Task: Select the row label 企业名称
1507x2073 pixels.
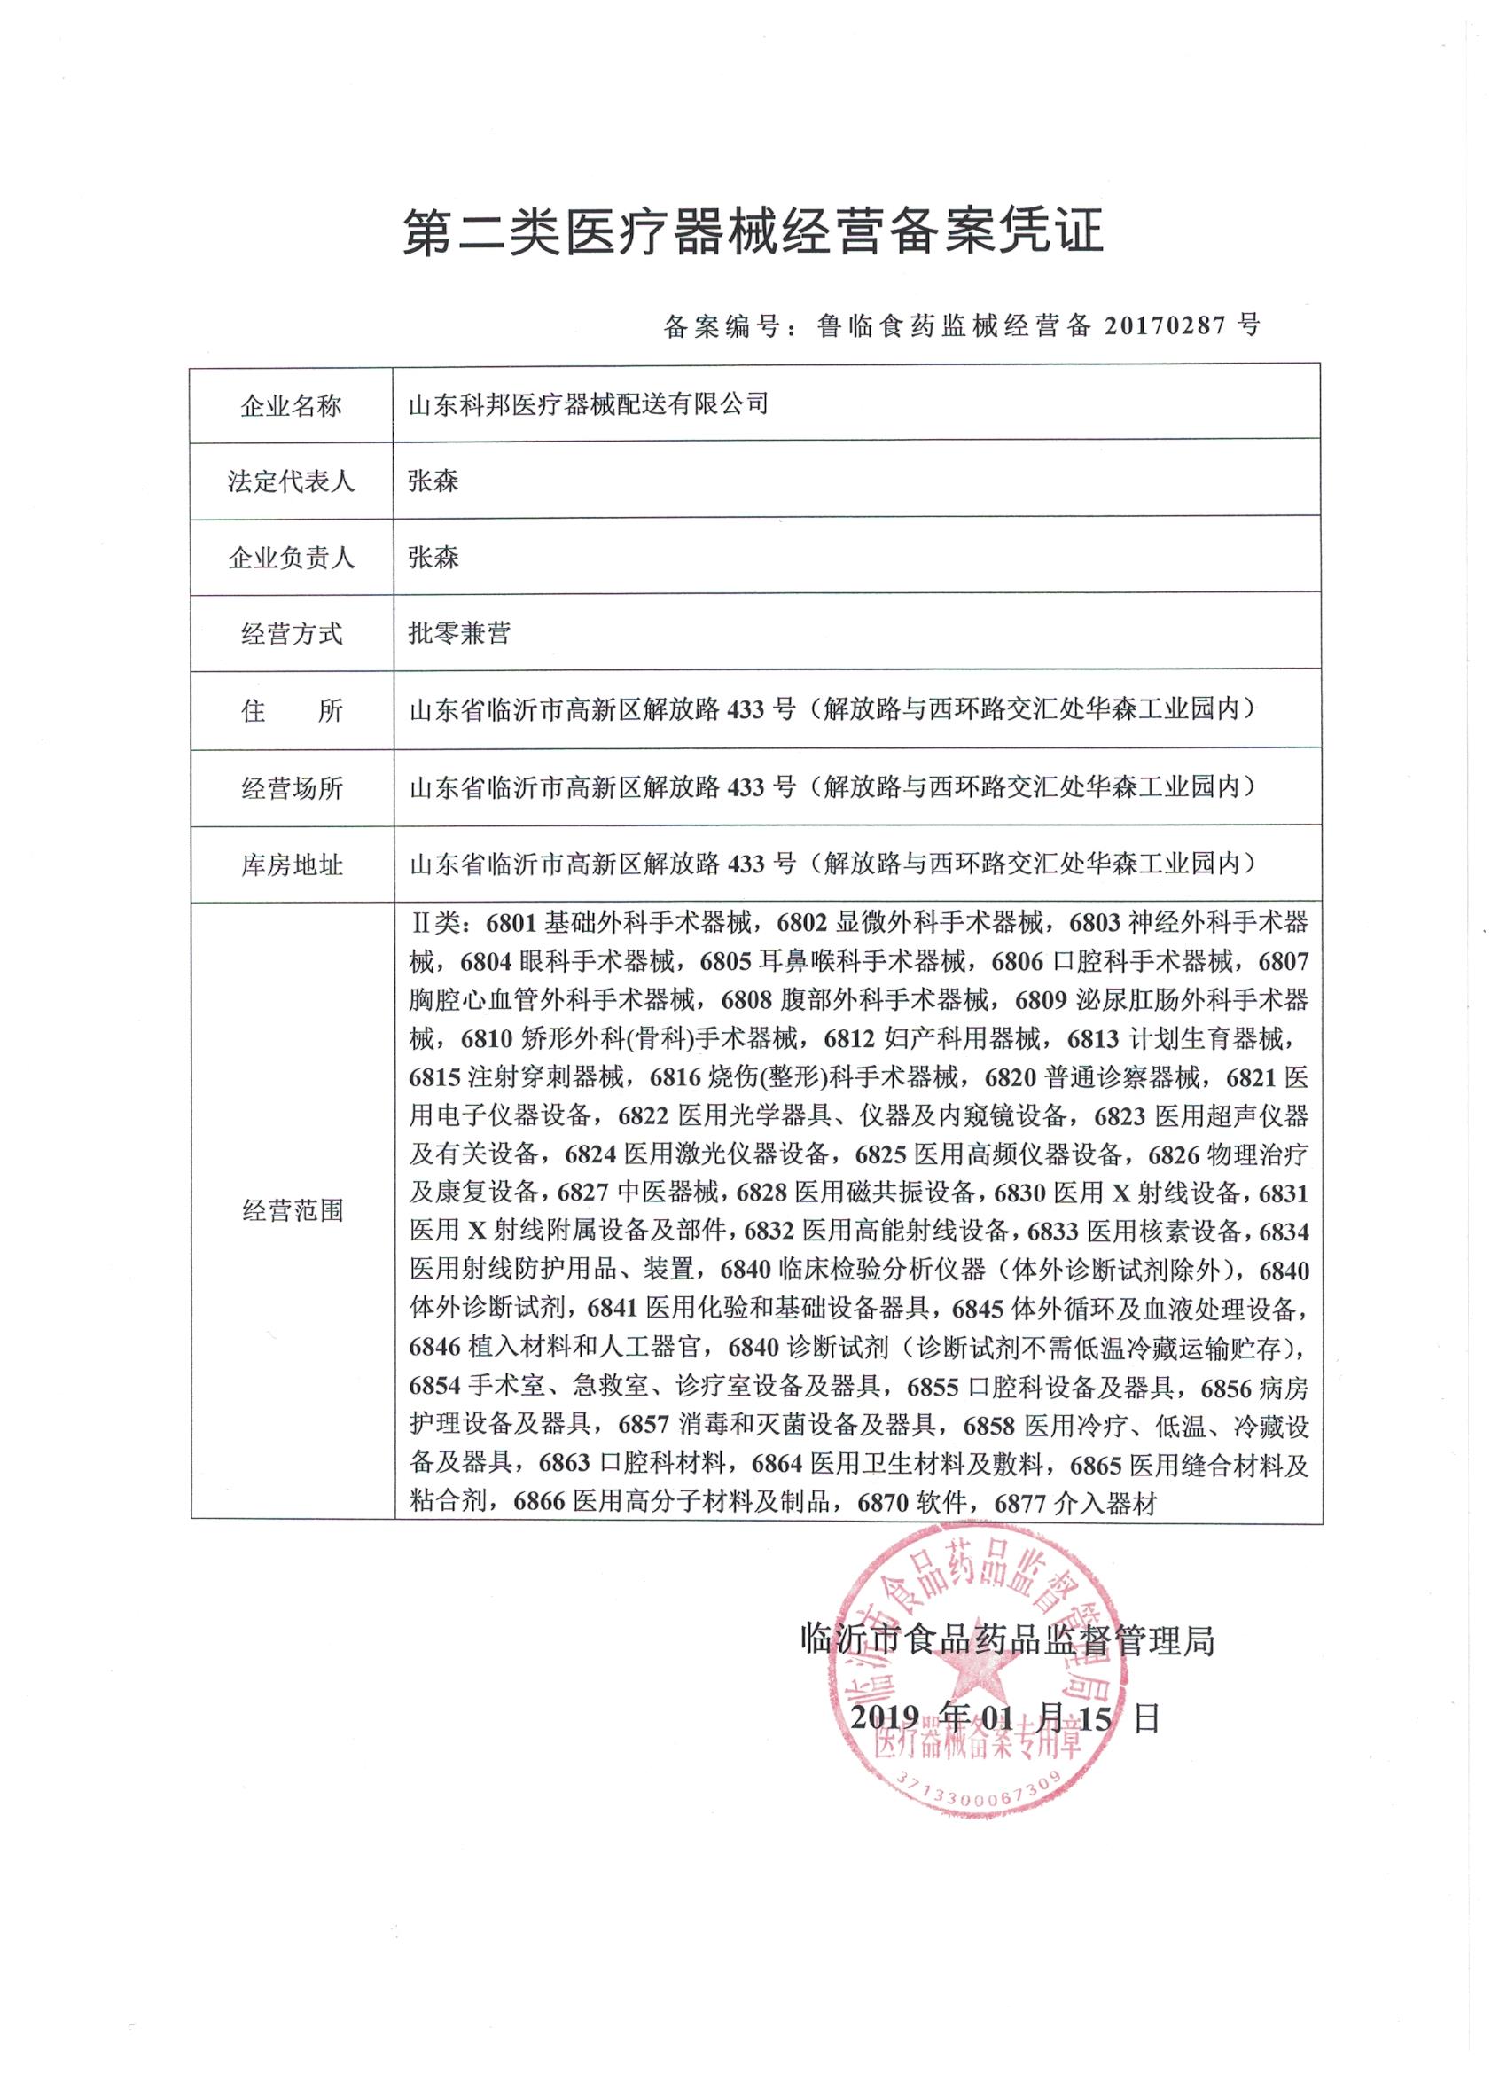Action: coord(291,406)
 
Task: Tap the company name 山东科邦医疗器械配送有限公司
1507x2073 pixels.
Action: coord(588,404)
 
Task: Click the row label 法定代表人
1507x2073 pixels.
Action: coord(291,481)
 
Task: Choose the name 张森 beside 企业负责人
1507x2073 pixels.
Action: coord(433,558)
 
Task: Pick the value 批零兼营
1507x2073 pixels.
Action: coord(459,633)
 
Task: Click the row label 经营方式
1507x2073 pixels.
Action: coord(291,634)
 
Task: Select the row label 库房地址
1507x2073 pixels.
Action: coord(291,864)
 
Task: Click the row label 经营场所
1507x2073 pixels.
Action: coord(291,788)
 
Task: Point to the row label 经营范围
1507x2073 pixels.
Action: coord(291,1212)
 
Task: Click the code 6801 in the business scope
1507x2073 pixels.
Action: coord(511,923)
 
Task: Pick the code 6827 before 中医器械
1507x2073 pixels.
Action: coord(583,1193)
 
